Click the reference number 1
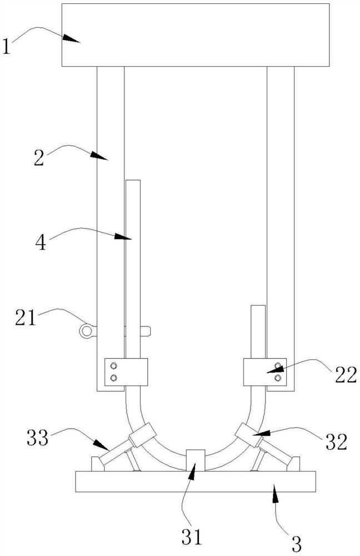(x=6, y=47)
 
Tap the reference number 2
(x=39, y=158)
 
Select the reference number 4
(x=41, y=243)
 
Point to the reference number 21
(x=26, y=317)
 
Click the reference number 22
(x=346, y=375)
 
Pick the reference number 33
(x=38, y=438)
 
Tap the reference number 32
(x=337, y=442)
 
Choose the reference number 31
(x=192, y=537)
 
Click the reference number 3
(x=296, y=544)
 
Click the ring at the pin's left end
(x=86, y=331)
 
